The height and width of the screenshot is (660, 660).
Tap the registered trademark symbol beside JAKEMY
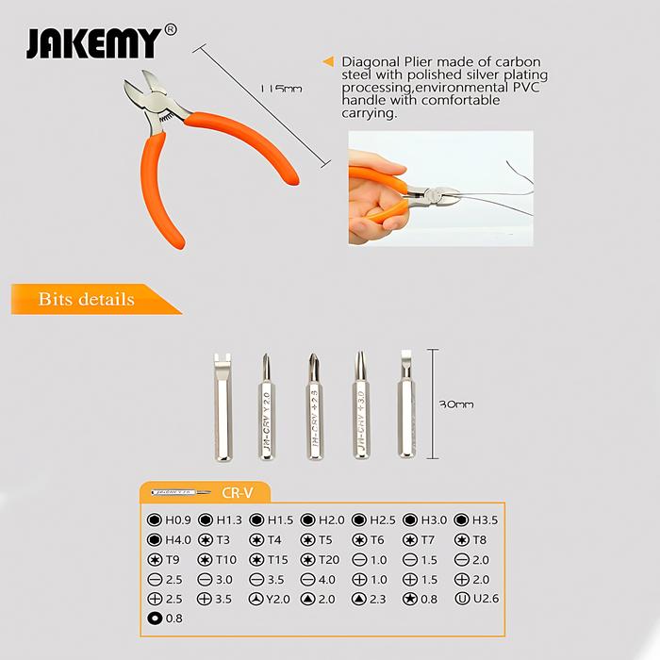click(x=170, y=29)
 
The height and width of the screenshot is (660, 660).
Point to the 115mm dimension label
click(x=280, y=89)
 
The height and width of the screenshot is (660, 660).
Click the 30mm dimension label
click(x=456, y=404)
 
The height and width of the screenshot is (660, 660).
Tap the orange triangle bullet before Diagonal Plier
click(x=328, y=61)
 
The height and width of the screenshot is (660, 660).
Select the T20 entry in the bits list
click(x=322, y=559)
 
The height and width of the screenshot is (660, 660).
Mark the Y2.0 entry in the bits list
click(x=272, y=599)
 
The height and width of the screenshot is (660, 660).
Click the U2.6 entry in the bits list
click(x=477, y=599)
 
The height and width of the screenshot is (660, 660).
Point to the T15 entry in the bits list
click(x=272, y=559)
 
